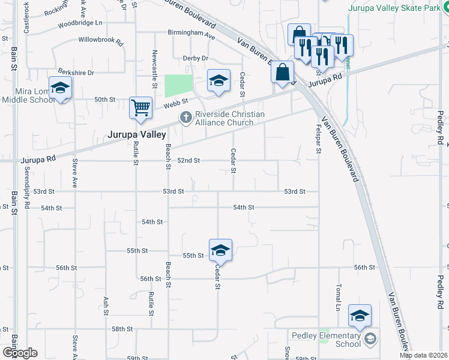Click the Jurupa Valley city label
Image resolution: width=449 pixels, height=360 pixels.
point(136,135)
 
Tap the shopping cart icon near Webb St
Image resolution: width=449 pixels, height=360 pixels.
point(140,108)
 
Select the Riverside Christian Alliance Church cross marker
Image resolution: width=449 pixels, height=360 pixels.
point(185,117)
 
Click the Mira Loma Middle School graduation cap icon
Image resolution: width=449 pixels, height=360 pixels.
point(61,88)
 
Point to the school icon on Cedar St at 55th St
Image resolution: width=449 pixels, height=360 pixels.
point(220,250)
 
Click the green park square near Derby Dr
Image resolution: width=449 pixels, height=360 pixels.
point(179,86)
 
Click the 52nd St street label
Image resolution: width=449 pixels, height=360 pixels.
point(188,161)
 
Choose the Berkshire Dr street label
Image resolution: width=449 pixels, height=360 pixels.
point(76,73)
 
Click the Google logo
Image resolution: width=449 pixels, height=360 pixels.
point(20,353)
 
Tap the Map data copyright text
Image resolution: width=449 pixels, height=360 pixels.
point(424,355)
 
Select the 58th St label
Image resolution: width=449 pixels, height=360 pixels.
point(121,329)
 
